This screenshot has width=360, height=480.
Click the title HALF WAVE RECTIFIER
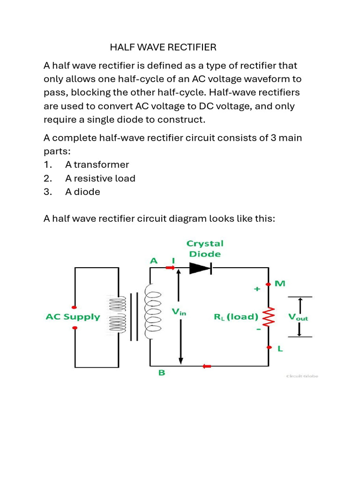click(x=163, y=47)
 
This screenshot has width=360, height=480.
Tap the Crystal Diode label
click(x=205, y=248)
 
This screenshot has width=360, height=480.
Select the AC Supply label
click(x=73, y=316)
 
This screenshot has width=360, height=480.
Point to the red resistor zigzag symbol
click(x=269, y=317)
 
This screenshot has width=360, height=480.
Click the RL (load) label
click(x=236, y=316)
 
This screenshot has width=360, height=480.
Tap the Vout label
click(x=298, y=316)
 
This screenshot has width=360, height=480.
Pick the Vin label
click(x=179, y=311)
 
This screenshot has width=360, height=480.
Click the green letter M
click(x=280, y=284)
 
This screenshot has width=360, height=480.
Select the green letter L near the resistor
click(x=279, y=349)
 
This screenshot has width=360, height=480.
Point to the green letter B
click(x=161, y=373)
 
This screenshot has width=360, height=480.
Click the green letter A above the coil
click(x=154, y=261)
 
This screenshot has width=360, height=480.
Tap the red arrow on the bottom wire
click(x=206, y=366)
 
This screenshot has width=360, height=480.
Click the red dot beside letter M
click(x=269, y=284)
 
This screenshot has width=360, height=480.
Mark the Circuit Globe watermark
click(x=302, y=375)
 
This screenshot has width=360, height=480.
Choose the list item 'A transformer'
click(x=97, y=165)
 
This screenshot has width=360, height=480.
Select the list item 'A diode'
click(x=82, y=192)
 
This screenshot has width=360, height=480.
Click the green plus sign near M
click(x=256, y=289)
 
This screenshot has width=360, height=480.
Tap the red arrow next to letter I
click(x=170, y=268)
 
